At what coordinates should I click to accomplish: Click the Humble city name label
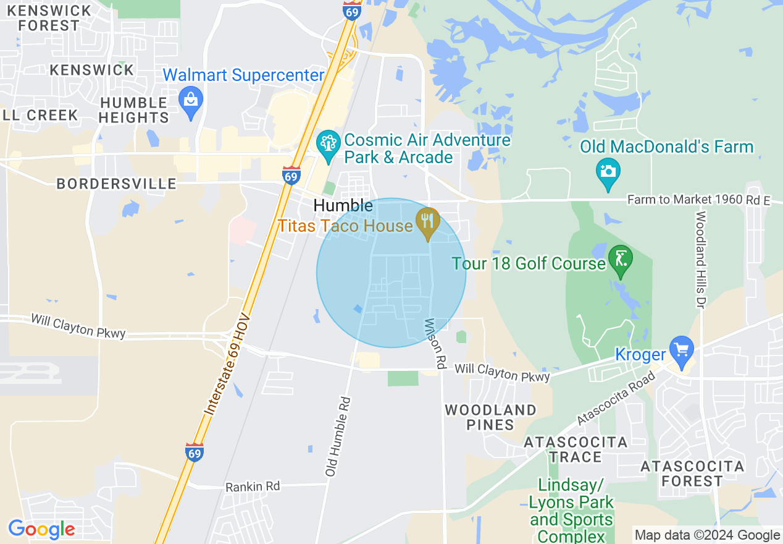click(343, 206)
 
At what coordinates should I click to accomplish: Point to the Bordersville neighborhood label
click(116, 184)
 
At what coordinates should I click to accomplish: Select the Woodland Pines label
click(491, 417)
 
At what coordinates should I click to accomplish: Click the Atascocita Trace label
click(576, 449)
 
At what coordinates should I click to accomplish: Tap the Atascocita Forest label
click(692, 474)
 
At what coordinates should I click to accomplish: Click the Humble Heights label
click(133, 110)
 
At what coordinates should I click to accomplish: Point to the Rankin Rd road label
click(253, 487)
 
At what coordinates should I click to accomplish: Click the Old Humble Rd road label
click(338, 436)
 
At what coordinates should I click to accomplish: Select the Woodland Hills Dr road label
click(700, 260)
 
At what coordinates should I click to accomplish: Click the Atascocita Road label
click(615, 398)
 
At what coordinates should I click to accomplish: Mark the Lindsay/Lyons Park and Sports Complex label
click(571, 510)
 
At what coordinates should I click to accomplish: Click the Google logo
click(41, 529)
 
